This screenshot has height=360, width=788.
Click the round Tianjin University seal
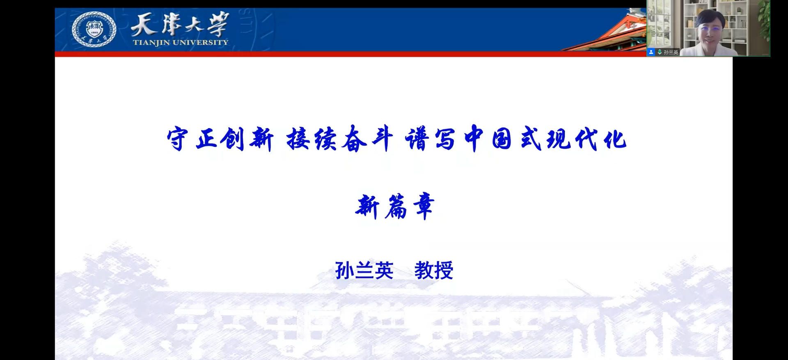(94, 29)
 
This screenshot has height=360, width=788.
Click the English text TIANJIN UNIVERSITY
(181, 42)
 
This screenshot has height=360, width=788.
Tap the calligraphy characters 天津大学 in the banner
(179, 24)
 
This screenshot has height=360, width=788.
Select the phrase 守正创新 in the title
(220, 139)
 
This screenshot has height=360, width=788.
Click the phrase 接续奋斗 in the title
(339, 139)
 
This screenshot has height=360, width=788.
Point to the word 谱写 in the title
(430, 139)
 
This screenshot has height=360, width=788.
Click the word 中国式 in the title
(503, 139)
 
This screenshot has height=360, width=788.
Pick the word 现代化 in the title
(587, 139)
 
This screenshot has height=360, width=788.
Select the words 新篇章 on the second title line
(394, 206)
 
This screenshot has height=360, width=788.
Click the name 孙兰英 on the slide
(364, 271)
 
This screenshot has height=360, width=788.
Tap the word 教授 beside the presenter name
(434, 271)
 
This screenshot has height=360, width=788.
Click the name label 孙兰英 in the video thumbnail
(671, 52)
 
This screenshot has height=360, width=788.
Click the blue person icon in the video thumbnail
(651, 52)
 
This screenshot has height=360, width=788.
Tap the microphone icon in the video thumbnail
(660, 52)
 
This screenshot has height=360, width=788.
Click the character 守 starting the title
(178, 139)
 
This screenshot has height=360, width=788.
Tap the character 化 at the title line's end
(615, 139)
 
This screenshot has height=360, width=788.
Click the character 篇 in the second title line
(395, 206)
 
